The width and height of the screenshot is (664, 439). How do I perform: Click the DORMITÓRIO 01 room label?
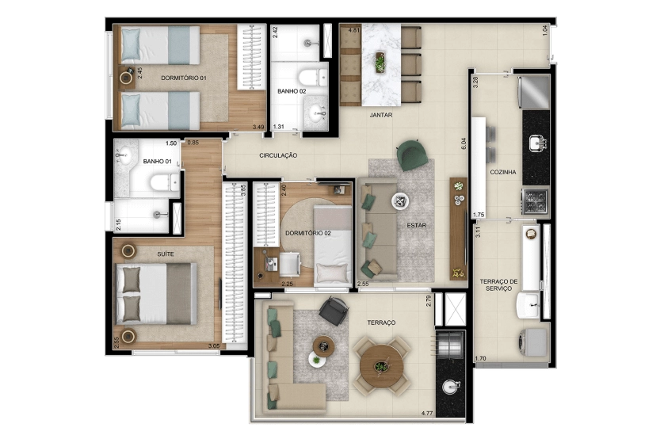point(183,78)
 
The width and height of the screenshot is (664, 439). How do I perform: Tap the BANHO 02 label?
point(292,91)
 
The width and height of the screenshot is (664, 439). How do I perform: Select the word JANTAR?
point(380,115)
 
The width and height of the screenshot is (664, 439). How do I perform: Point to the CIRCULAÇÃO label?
point(278,155)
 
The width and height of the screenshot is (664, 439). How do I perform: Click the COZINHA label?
point(503,172)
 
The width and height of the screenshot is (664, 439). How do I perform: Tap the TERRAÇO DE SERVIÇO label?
point(499,285)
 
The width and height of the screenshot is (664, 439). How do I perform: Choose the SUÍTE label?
point(165,254)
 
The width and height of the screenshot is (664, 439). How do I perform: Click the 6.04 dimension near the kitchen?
point(464,144)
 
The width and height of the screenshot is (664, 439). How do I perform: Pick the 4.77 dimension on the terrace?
point(427,413)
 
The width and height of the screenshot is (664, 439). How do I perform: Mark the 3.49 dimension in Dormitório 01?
point(258,127)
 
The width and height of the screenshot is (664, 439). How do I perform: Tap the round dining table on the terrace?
point(382,366)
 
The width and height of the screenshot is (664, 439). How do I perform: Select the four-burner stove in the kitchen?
point(536,201)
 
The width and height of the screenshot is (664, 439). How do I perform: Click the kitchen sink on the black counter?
point(538,143)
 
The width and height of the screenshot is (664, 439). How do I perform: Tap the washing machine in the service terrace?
point(533,342)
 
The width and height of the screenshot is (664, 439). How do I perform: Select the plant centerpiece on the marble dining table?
point(380,63)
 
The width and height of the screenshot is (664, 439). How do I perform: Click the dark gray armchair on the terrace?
point(334,311)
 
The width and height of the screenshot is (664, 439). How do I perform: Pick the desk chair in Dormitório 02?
point(290,265)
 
